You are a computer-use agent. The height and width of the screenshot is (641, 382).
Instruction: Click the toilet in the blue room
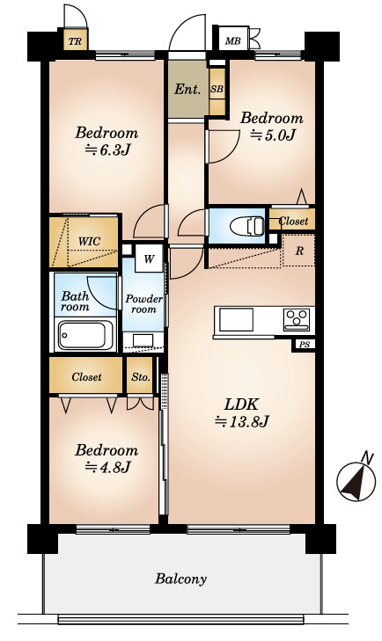(246, 226)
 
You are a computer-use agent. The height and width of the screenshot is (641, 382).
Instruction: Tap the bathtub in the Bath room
(85, 335)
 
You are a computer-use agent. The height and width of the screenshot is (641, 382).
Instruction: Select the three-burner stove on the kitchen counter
(297, 319)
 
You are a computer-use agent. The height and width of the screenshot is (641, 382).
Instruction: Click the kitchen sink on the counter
(236, 319)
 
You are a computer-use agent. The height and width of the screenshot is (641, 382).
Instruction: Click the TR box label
(75, 41)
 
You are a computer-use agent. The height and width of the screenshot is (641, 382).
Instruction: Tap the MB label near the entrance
(233, 40)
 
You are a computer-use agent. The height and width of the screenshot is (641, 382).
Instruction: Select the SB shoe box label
(217, 88)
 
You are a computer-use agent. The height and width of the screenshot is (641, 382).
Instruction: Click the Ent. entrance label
(187, 89)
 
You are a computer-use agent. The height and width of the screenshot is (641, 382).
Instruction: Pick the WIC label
(89, 241)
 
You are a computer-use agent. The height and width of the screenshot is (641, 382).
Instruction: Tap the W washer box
(149, 259)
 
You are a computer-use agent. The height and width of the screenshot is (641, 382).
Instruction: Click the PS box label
(304, 345)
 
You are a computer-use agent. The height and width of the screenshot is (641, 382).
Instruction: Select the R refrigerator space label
(299, 251)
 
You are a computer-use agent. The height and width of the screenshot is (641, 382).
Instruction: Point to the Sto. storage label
(141, 376)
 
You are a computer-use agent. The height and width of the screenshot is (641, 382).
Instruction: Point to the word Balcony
(180, 579)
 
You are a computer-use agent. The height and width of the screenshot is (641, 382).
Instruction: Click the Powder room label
(143, 304)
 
